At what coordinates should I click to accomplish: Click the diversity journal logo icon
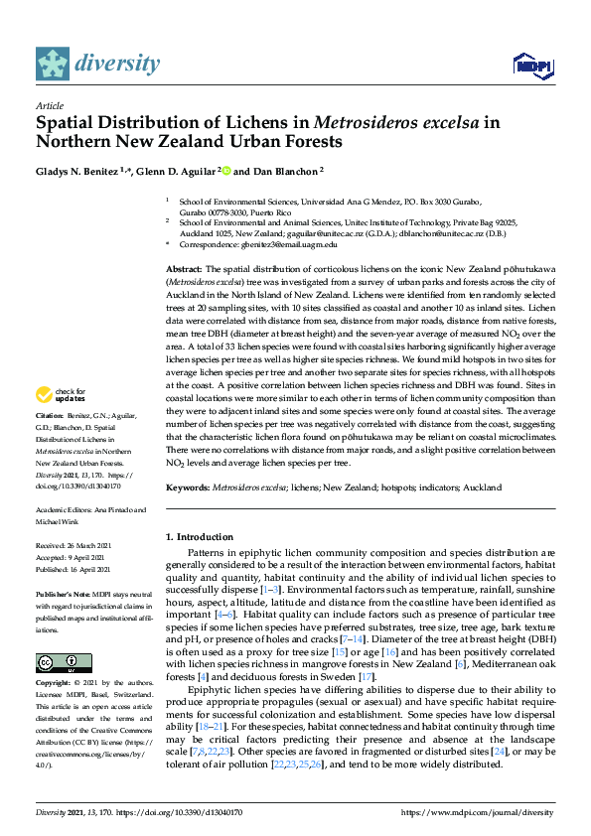coord(54,64)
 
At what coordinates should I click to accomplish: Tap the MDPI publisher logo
coord(527,66)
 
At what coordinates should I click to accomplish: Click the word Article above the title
coord(50,104)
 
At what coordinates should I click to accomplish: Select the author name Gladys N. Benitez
coord(78,170)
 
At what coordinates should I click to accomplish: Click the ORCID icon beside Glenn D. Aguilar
coord(226,170)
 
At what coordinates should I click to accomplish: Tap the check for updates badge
coord(62,395)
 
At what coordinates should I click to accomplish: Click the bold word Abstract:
coord(184,269)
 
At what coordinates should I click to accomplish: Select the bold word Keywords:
coord(189,488)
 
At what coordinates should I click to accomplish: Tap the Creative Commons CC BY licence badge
coord(57,663)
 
